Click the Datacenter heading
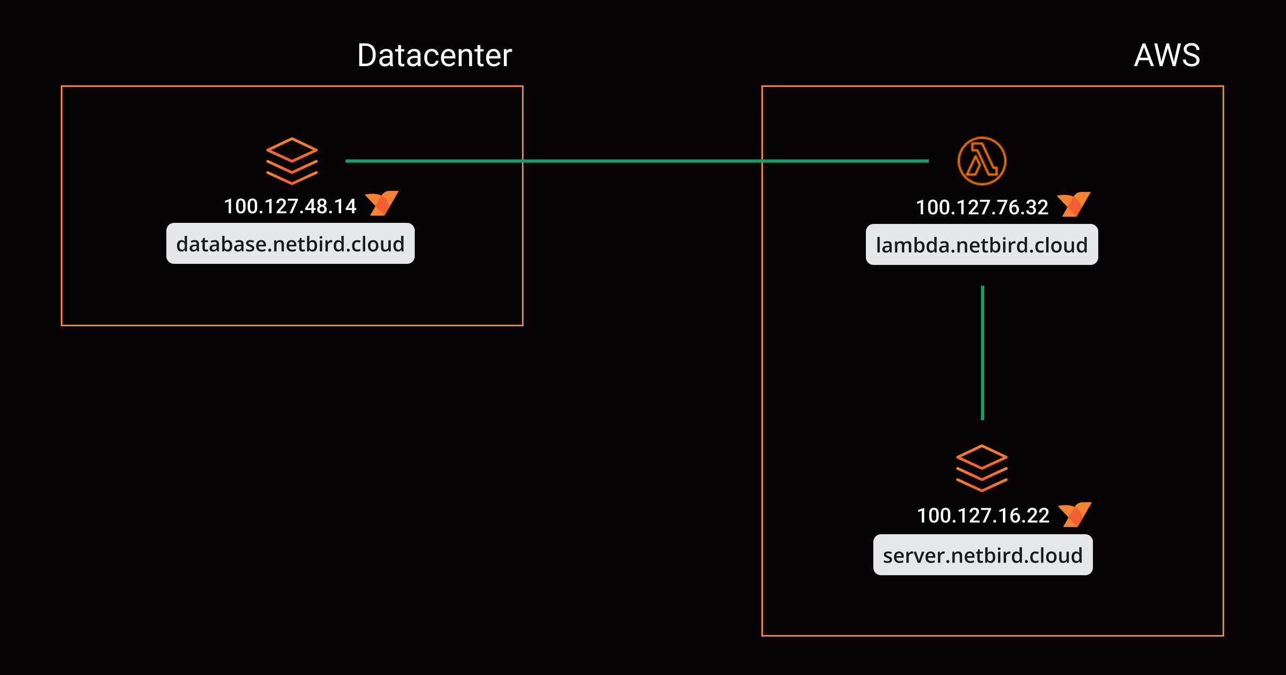coord(434,55)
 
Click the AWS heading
coord(1167,55)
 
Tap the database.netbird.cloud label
coord(290,244)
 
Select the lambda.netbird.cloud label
coord(982,245)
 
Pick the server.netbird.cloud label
coord(983,555)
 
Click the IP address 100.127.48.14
coord(290,206)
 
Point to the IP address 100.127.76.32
coord(982,207)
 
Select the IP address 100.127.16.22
coord(983,516)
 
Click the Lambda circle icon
coord(982,161)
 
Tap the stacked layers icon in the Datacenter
coord(292,161)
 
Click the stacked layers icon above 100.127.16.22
coord(982,468)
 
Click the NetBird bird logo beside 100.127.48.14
coord(382,203)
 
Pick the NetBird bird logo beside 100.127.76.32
coord(1073,204)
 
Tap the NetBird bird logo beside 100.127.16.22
coord(1074,515)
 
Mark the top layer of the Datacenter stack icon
coord(292,149)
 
